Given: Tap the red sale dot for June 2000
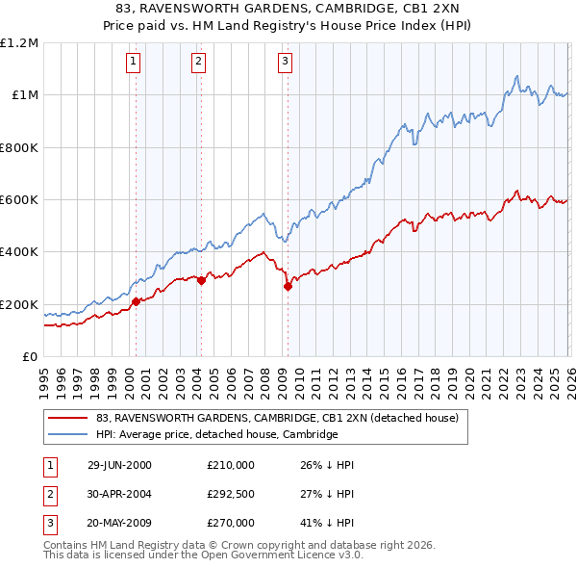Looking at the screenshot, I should point(136,301).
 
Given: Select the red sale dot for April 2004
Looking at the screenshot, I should point(201,280).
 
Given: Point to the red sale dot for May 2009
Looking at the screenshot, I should point(288,286).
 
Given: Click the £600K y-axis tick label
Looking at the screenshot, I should point(20,200).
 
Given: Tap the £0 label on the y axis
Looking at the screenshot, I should point(29,357).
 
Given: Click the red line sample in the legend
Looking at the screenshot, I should point(68,418).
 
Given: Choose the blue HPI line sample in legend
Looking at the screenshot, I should point(68,434).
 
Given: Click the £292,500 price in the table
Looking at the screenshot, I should point(231,493).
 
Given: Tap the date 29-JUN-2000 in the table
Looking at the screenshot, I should point(119,464).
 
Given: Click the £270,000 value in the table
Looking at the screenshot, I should point(231,523).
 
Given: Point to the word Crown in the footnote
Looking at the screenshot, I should point(202,545).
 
